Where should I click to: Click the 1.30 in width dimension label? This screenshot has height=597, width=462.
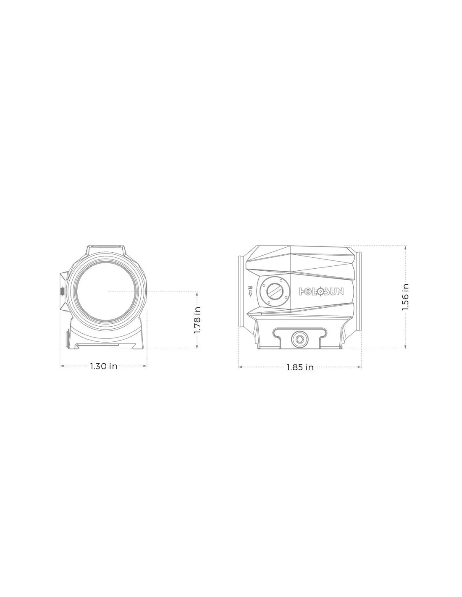[104, 366]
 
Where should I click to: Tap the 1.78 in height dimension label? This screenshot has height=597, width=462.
[197, 320]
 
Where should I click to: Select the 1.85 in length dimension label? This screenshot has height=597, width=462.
[300, 367]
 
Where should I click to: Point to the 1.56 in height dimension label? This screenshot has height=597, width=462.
[405, 297]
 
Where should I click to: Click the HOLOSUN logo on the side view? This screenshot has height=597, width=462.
[321, 291]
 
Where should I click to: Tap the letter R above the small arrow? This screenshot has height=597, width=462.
[250, 288]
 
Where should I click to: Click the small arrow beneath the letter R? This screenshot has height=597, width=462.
[250, 294]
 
